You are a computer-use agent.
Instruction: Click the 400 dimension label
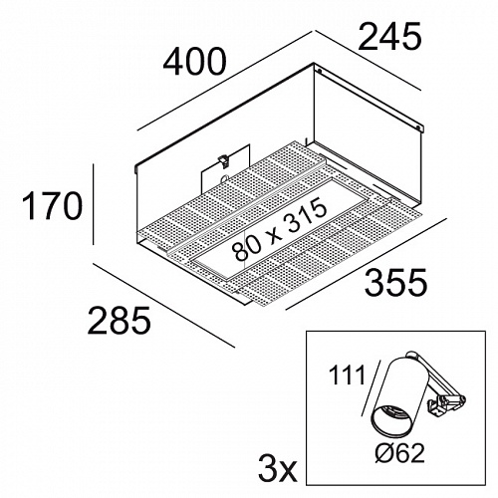click(x=194, y=62)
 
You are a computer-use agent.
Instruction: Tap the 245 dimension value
click(x=389, y=37)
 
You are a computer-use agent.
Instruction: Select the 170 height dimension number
click(x=52, y=206)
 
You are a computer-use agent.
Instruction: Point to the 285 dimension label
click(x=119, y=320)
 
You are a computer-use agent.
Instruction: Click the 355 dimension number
click(x=395, y=282)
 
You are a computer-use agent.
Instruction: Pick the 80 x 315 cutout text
click(x=279, y=230)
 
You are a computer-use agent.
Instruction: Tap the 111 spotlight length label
click(x=346, y=374)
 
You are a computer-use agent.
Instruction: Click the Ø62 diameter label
click(x=399, y=453)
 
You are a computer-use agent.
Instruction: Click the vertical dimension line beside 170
click(x=94, y=204)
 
